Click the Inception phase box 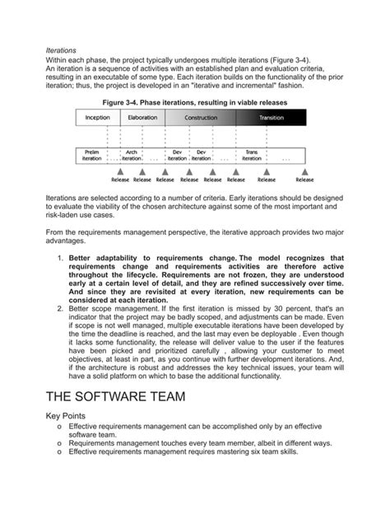98,119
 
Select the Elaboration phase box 142,119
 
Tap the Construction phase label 201,119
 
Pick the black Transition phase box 272,119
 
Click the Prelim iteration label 91,154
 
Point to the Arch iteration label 132,154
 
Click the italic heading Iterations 61,50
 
